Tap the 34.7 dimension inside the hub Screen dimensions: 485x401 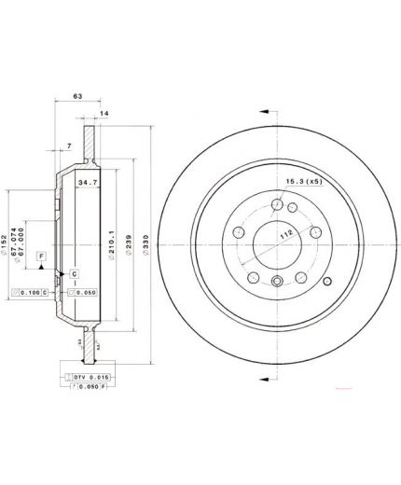[89, 183]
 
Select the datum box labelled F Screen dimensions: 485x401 [40, 254]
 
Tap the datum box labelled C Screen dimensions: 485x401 [74, 272]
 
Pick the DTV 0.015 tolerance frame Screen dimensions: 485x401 [85, 376]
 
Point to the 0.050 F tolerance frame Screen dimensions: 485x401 [86, 386]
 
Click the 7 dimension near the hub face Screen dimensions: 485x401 [69, 146]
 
